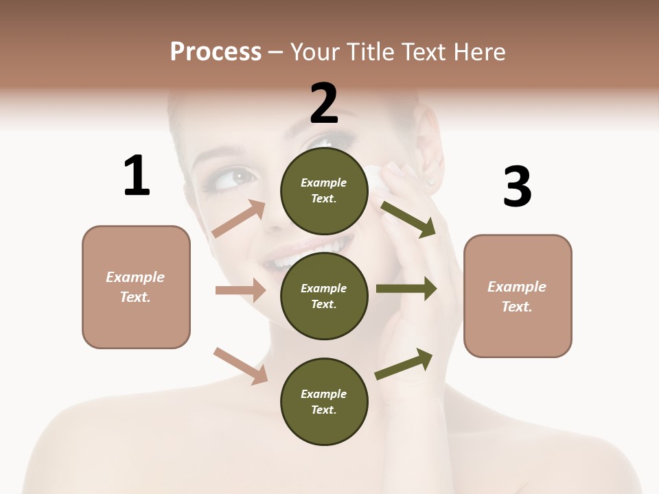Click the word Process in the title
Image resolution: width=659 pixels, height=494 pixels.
click(x=216, y=52)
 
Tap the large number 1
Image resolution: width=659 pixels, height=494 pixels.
click(x=137, y=176)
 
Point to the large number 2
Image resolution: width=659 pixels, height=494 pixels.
click(x=324, y=104)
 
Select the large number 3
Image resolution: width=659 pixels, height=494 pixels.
click(x=517, y=187)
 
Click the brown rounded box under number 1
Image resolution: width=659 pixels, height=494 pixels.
click(x=136, y=287)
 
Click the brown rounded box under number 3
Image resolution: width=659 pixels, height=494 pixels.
click(x=518, y=296)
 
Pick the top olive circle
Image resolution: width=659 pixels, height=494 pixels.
click(x=324, y=191)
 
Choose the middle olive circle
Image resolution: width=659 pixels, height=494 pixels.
click(x=324, y=296)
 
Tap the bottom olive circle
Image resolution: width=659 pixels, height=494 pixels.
click(x=324, y=402)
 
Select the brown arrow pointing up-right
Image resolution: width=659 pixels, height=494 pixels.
click(x=239, y=218)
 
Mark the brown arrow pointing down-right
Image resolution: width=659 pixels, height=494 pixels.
click(x=240, y=365)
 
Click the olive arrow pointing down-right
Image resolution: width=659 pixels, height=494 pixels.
click(x=408, y=219)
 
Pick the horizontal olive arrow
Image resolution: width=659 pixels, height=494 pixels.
click(x=406, y=289)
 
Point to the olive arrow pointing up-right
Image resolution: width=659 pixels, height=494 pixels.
click(x=404, y=364)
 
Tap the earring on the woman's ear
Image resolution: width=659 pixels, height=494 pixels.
click(x=431, y=181)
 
